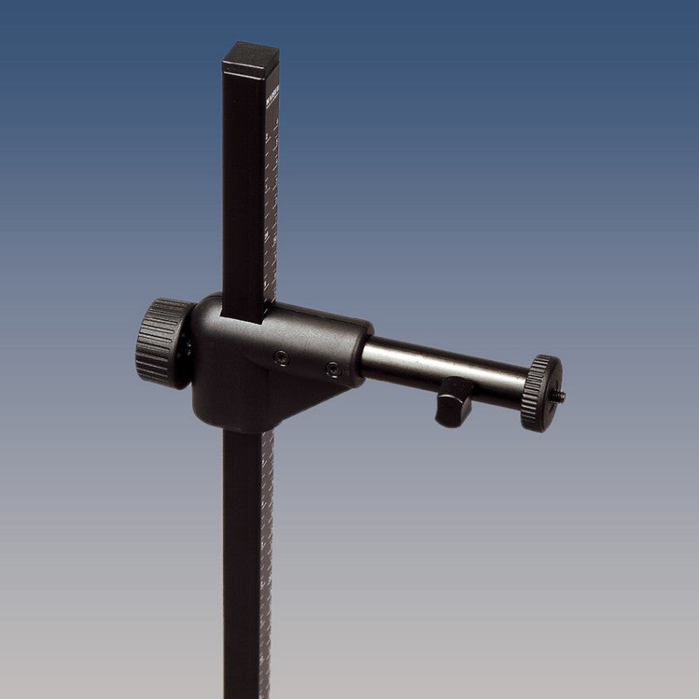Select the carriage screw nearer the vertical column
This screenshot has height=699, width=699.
pos(280,356)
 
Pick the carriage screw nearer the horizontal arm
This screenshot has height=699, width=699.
pos(332,370)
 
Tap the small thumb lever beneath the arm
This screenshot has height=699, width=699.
pos(452,404)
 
